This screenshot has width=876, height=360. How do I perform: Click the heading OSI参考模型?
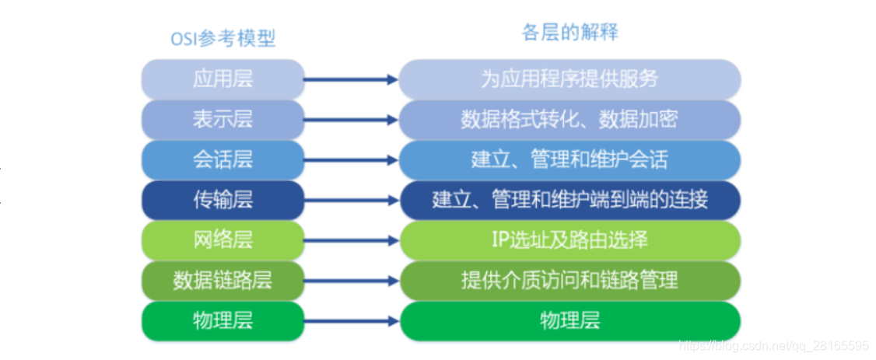point(223,39)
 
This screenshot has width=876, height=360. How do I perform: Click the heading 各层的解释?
point(569,33)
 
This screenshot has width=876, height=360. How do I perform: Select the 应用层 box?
point(223,79)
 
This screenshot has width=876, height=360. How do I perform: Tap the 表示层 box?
point(223,120)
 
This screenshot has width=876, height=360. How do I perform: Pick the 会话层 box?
point(223,160)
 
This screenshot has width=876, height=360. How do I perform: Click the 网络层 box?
point(223,240)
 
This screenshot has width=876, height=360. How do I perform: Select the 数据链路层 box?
point(223,281)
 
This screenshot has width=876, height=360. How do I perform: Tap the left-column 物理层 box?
point(223,321)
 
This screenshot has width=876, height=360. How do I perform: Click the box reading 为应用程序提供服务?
point(570,79)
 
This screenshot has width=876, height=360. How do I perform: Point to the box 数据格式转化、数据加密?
point(570,120)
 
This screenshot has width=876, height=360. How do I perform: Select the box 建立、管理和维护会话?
point(570,160)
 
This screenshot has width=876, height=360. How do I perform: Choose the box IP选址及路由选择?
point(570,240)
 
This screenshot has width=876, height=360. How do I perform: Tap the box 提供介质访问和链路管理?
point(570,281)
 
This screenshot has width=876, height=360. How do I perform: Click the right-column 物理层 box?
point(570,321)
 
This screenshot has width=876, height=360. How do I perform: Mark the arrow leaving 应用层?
point(351,79)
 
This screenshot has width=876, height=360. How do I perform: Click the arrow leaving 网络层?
point(351,240)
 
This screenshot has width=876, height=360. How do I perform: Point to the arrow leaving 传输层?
point(351,201)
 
